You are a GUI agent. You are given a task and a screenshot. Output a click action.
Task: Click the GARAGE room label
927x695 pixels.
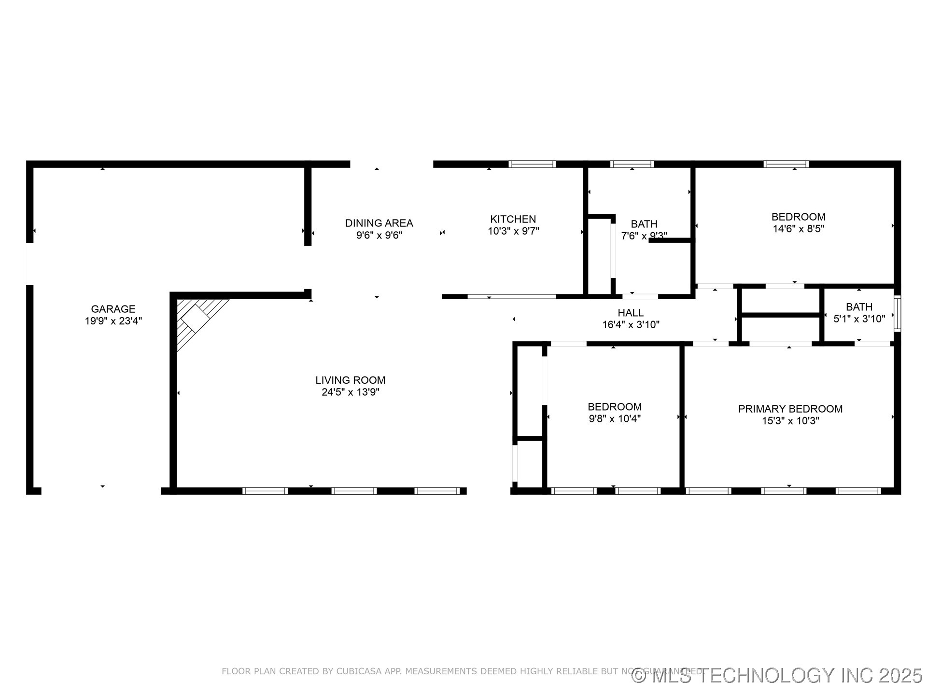[x=113, y=309]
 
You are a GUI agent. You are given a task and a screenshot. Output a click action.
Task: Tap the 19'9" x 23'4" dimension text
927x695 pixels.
[x=113, y=321]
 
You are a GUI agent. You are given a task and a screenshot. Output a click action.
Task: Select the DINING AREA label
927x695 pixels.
[x=379, y=223]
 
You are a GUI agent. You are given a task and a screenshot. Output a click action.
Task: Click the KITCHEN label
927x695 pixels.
[x=513, y=219]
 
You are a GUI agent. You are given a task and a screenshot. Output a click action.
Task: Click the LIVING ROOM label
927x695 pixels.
[x=351, y=380]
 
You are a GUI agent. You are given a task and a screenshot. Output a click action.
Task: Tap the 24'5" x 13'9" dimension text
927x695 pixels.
[x=351, y=392]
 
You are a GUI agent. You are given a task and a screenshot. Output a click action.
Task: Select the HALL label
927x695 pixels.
[x=630, y=313]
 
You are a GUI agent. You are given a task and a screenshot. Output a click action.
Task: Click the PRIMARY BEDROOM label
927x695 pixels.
[x=790, y=409]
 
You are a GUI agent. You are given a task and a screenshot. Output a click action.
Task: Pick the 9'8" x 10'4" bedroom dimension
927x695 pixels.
[x=614, y=419]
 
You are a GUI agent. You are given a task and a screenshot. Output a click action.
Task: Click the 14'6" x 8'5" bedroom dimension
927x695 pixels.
[x=798, y=229]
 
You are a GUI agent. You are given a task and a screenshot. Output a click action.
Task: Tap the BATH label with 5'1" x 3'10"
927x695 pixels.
[x=859, y=307]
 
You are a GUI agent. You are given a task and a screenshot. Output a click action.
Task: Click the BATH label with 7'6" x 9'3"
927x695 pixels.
[x=644, y=224]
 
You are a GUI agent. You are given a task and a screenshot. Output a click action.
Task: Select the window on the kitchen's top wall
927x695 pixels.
[x=532, y=164]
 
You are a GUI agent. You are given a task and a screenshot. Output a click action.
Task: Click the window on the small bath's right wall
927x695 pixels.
[x=897, y=313]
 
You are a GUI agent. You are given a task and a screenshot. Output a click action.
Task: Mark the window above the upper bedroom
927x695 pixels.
[x=786, y=164]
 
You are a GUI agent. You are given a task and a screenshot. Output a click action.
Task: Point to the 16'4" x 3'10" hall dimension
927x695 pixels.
[x=630, y=325]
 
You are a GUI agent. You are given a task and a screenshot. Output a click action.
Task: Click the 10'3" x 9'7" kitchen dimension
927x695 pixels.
[x=513, y=231]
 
